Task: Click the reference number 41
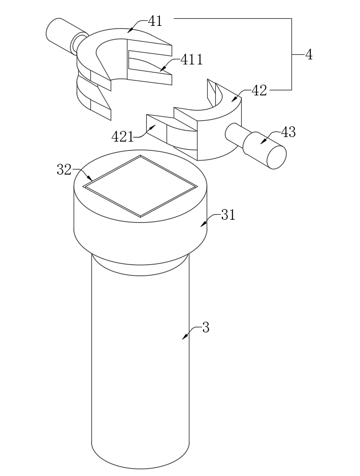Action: point(155,21)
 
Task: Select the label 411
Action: point(191,59)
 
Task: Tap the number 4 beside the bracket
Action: point(309,55)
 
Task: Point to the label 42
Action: point(259,90)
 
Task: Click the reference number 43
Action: point(288,132)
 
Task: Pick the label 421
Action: point(122,137)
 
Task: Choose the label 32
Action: point(64,169)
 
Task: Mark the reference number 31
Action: point(228,215)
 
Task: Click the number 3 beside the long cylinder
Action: point(206,328)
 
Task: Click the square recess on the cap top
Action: point(140,186)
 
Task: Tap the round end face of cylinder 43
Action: point(276,157)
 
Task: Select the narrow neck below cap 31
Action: point(140,265)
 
